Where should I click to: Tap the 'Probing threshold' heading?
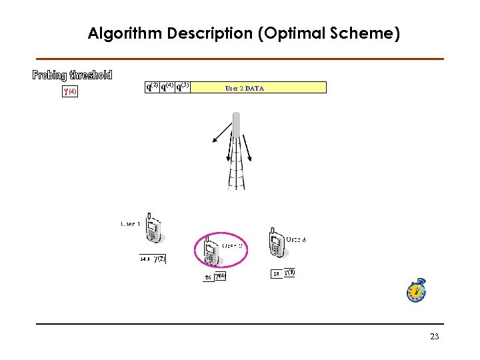(x=72, y=75)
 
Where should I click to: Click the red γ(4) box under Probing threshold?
(x=70, y=92)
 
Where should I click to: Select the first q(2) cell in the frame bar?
(x=152, y=87)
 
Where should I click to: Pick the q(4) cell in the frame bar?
(x=167, y=87)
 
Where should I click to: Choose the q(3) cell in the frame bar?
(x=182, y=87)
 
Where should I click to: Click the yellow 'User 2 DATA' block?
(x=258, y=87)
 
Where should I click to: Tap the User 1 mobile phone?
(x=154, y=230)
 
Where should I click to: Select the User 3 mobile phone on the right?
(x=276, y=241)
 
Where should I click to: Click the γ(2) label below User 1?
(x=160, y=259)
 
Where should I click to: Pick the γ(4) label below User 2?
(x=221, y=277)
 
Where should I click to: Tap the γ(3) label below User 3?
(x=289, y=273)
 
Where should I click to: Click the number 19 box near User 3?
(x=276, y=273)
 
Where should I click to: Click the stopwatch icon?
(x=417, y=290)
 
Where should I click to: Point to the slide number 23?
(x=435, y=337)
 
